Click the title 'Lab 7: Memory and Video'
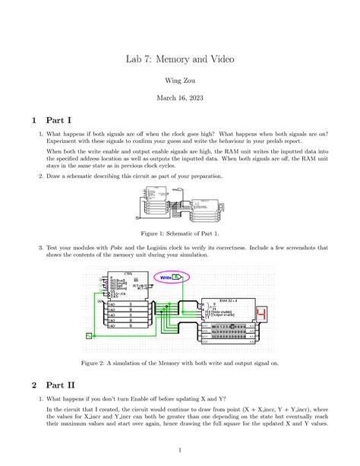[180, 59]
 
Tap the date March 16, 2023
[180, 98]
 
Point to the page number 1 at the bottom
[180, 449]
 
